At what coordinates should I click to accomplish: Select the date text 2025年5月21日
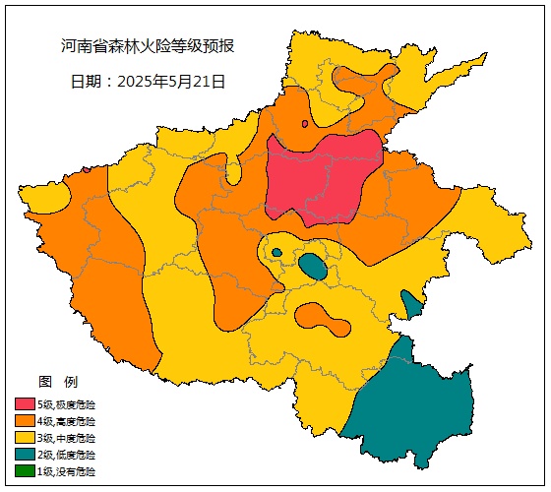pyautogui.click(x=149, y=82)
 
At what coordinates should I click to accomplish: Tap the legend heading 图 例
pyautogui.click(x=57, y=381)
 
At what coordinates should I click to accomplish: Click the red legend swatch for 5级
pyautogui.click(x=25, y=404)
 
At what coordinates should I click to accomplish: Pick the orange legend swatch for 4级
pyautogui.click(x=25, y=421)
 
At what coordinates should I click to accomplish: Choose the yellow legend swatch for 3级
pyautogui.click(x=25, y=438)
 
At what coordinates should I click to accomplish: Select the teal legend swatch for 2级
pyautogui.click(x=25, y=455)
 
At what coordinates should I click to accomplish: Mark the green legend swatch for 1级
pyautogui.click(x=25, y=471)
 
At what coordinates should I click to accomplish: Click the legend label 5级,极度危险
pyautogui.click(x=67, y=404)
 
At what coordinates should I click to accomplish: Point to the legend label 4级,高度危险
pyautogui.click(x=67, y=421)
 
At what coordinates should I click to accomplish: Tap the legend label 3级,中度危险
pyautogui.click(x=67, y=438)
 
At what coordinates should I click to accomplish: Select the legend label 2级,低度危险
pyautogui.click(x=67, y=455)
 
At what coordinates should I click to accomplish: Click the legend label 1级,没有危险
pyautogui.click(x=67, y=471)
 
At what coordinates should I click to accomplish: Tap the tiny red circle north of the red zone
pyautogui.click(x=305, y=124)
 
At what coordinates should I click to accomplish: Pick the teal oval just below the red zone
pyautogui.click(x=313, y=266)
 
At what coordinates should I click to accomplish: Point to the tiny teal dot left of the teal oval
pyautogui.click(x=276, y=253)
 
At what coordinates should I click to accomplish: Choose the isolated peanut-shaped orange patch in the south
pyautogui.click(x=321, y=318)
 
